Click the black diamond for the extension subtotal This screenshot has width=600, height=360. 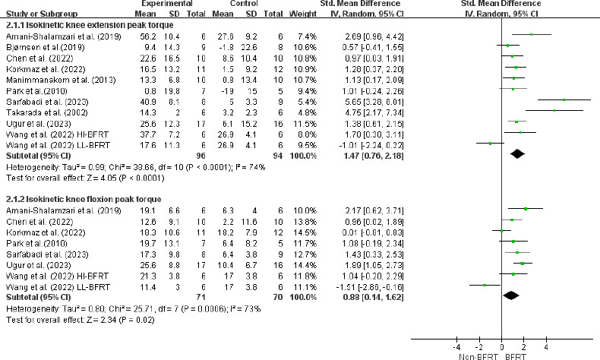coord(518,153)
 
